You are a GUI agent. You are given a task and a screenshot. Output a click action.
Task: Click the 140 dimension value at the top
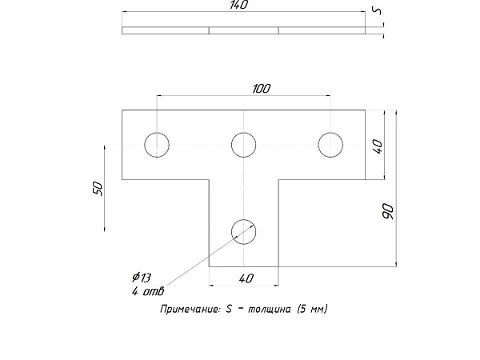[x=239, y=5]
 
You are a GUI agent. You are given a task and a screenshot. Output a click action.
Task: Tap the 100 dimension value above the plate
[x=262, y=89]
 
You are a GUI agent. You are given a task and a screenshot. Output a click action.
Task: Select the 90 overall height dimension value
[x=388, y=211]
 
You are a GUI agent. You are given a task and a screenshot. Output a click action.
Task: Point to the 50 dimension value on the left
[x=98, y=189]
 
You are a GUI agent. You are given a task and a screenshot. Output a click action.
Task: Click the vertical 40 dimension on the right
[x=378, y=146]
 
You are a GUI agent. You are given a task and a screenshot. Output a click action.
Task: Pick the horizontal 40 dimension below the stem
[x=246, y=278]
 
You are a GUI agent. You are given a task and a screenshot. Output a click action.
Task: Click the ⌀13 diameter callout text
[x=142, y=278]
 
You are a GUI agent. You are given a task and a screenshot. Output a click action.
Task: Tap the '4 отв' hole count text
[x=148, y=291]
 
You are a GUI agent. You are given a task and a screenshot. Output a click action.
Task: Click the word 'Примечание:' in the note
[x=190, y=309]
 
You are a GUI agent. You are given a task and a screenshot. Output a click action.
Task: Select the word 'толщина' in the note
[x=269, y=309]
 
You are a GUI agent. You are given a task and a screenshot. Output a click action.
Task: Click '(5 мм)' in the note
[x=312, y=309]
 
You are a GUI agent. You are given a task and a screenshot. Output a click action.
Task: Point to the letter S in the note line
[x=229, y=309]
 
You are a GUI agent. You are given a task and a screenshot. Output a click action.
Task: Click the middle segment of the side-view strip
[x=244, y=30]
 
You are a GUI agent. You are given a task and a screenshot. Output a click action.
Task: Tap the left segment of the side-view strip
[x=166, y=30]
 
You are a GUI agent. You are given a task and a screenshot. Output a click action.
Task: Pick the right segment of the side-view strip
[x=322, y=30]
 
